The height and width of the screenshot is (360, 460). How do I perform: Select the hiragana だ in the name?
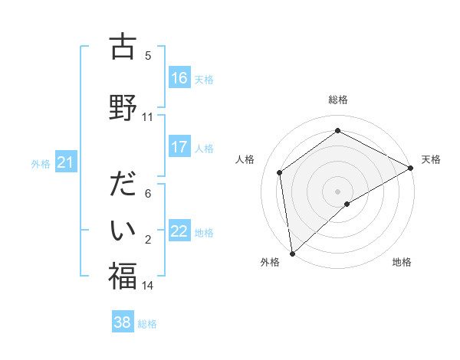tap(122, 185)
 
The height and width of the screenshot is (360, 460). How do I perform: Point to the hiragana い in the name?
tap(122, 230)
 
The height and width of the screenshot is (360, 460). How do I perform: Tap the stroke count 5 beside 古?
tap(148, 56)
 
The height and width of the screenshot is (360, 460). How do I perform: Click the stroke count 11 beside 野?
tap(148, 117)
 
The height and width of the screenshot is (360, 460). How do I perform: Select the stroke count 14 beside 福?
tap(148, 286)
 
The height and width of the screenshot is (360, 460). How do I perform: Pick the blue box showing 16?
tap(179, 78)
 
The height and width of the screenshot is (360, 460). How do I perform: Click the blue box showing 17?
tap(179, 147)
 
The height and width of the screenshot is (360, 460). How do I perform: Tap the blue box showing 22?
tap(179, 231)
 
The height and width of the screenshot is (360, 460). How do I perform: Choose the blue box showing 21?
tap(65, 162)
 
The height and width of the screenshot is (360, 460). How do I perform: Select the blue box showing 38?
tap(123, 323)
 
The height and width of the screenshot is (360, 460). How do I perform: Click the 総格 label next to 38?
tap(147, 324)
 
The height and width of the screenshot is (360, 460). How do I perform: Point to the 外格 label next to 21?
tap(41, 163)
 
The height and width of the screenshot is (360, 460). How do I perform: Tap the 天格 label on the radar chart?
tap(431, 159)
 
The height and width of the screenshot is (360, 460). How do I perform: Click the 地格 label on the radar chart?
tap(402, 262)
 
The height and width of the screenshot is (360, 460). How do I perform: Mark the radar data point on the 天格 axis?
tap(411, 167)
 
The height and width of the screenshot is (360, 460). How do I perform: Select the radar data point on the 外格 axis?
tap(291, 253)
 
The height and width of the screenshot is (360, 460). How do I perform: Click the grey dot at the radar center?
tap(337, 191)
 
